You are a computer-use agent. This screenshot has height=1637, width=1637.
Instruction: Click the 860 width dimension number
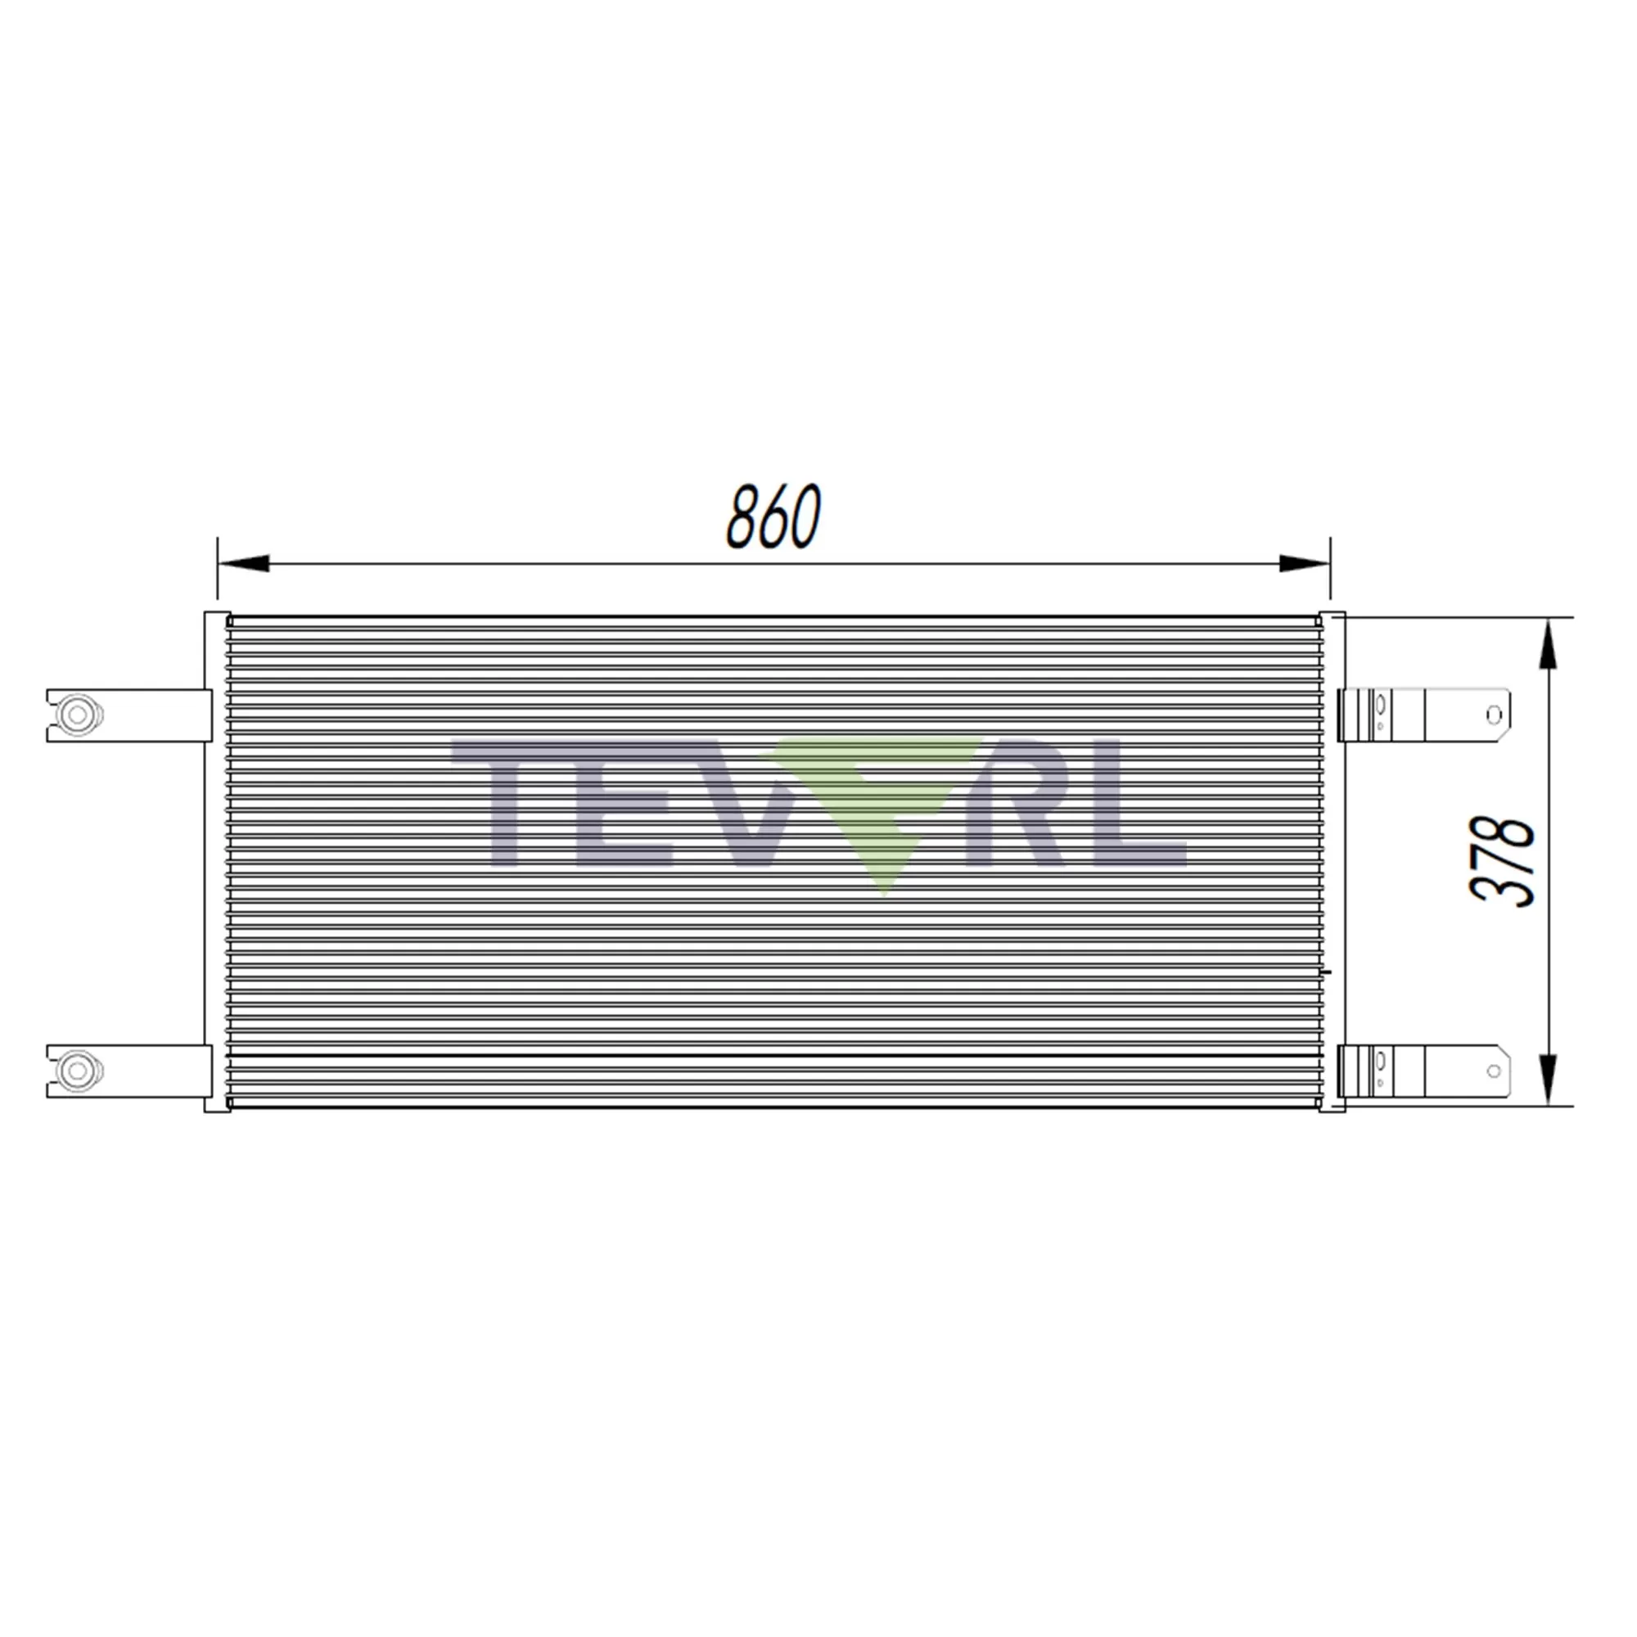point(773,516)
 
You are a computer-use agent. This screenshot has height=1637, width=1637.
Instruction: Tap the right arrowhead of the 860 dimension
point(1304,562)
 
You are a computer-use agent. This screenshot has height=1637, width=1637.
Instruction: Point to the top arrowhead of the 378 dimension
point(1547,644)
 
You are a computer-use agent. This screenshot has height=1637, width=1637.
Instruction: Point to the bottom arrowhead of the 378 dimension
point(1547,1080)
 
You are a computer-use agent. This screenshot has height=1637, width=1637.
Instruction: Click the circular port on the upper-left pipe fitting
point(77,715)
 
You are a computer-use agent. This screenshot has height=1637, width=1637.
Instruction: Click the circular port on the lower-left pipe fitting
point(77,1071)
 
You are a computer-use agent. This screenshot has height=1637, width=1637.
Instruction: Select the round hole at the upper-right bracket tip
point(1494,716)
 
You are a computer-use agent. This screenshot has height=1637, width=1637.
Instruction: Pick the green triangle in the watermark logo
point(882,805)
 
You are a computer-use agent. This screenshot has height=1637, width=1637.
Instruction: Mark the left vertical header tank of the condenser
point(217,862)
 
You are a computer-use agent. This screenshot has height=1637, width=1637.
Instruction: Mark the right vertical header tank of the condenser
point(1332,862)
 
